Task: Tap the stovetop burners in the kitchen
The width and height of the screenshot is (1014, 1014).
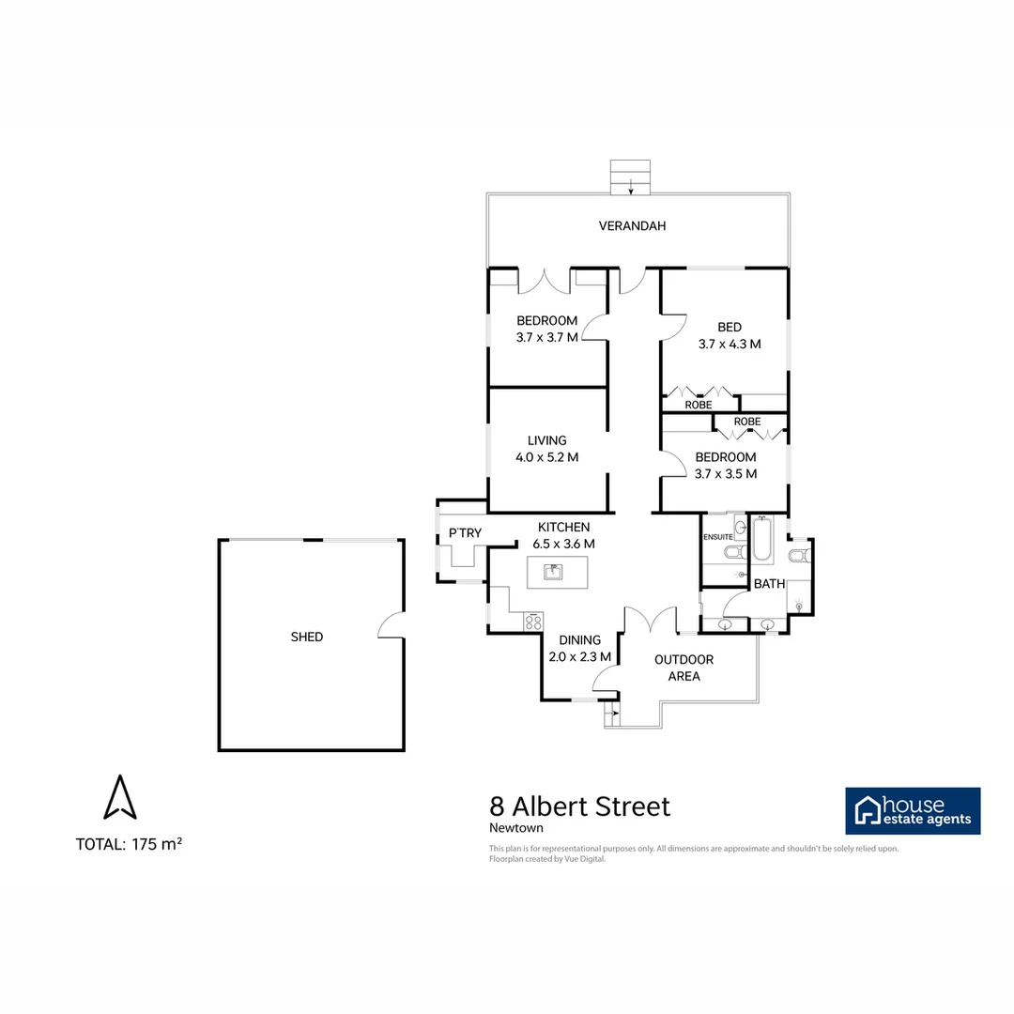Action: click(x=533, y=621)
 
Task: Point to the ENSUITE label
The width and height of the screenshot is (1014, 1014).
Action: click(x=718, y=537)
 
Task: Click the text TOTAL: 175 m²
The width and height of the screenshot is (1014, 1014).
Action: click(x=129, y=844)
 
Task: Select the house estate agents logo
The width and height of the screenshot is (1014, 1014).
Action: click(x=913, y=810)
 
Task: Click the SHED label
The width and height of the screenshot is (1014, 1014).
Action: click(x=307, y=637)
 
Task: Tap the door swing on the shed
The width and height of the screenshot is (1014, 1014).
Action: click(x=390, y=624)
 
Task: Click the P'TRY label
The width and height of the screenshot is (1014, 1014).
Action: click(x=465, y=533)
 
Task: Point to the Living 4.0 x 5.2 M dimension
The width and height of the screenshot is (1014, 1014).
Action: click(x=546, y=457)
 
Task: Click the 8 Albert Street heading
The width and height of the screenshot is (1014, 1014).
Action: click(x=580, y=807)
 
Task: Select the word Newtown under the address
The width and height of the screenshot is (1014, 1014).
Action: click(x=516, y=828)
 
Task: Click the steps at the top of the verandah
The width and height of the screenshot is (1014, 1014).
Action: click(x=630, y=177)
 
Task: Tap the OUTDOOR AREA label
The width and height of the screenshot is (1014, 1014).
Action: click(x=684, y=668)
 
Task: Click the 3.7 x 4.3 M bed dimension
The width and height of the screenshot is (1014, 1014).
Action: click(x=730, y=344)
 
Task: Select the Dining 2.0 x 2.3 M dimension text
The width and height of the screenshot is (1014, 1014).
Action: click(x=580, y=656)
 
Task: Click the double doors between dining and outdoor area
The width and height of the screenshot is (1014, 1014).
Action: click(x=650, y=620)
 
